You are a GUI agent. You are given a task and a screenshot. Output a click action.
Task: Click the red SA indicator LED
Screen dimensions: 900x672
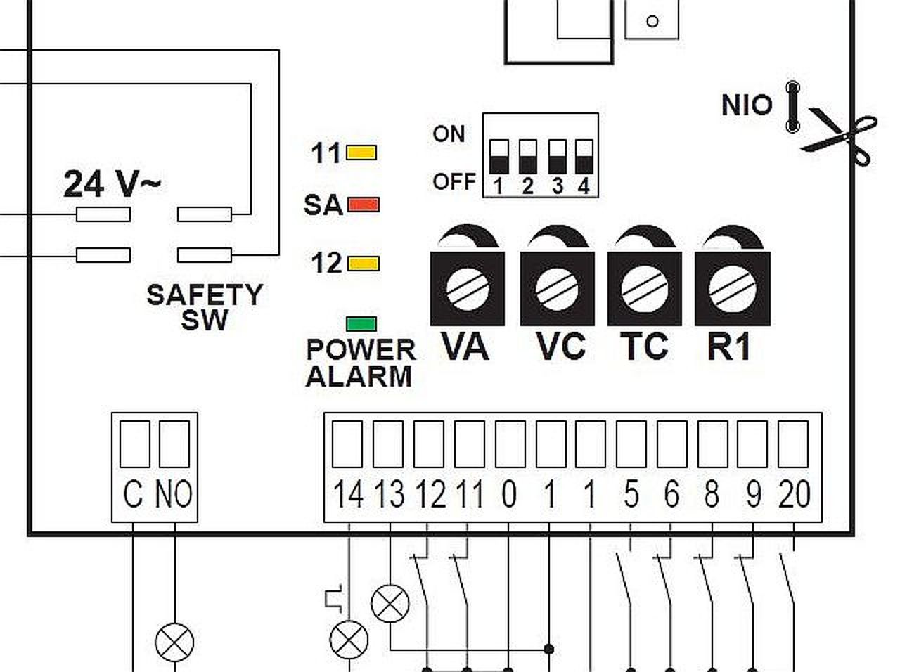(x=364, y=205)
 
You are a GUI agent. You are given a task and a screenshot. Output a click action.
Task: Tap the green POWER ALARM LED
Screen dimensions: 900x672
(x=361, y=324)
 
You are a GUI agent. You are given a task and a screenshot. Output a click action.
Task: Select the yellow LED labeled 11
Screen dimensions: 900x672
(x=361, y=153)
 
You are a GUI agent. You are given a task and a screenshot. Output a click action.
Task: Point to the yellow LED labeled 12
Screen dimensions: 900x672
(x=364, y=264)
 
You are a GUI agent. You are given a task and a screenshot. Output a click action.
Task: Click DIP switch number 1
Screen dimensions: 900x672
(x=499, y=157)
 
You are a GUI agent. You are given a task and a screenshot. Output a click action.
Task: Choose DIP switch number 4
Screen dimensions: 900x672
(x=584, y=157)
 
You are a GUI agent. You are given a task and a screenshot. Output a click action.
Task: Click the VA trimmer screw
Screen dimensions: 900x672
(x=468, y=289)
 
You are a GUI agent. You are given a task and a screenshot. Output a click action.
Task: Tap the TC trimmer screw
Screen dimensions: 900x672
(x=645, y=289)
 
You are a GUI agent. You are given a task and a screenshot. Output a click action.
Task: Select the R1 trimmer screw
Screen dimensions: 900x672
(x=733, y=289)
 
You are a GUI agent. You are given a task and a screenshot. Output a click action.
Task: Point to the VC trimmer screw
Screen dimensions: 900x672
(x=557, y=289)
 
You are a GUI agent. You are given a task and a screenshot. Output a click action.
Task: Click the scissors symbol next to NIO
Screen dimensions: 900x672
(x=839, y=137)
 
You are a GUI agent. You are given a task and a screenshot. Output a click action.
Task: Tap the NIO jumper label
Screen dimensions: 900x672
(x=747, y=105)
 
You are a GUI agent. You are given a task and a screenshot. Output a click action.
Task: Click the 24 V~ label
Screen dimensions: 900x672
(x=112, y=184)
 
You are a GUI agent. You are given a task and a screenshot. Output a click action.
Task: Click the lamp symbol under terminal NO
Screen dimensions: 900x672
(x=174, y=642)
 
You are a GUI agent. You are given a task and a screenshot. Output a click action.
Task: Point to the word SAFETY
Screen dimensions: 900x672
(x=205, y=295)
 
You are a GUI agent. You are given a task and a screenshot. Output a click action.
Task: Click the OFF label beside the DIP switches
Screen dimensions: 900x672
(x=454, y=181)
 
